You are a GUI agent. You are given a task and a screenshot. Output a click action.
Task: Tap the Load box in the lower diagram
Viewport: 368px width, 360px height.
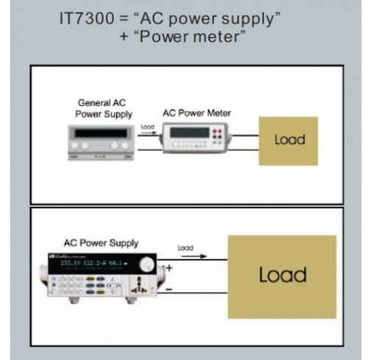click(283, 275)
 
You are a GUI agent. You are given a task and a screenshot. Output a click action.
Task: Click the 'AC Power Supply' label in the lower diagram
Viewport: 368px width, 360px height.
click(101, 243)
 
